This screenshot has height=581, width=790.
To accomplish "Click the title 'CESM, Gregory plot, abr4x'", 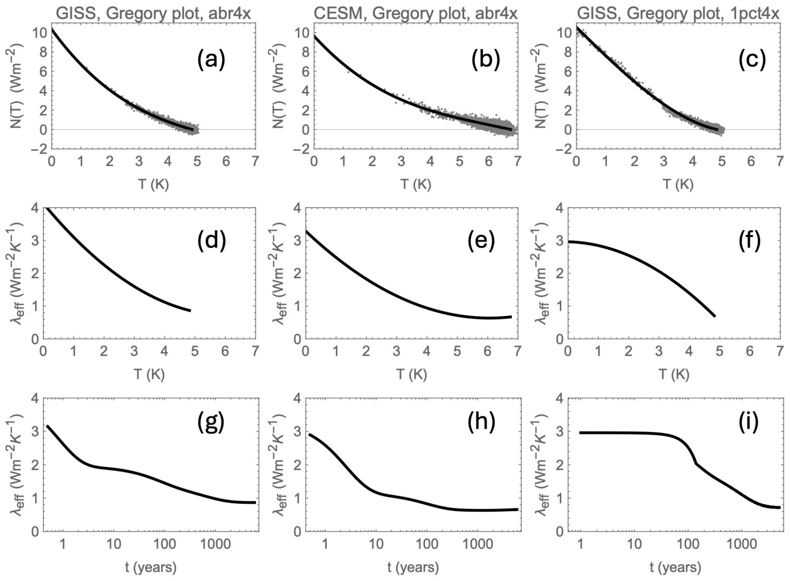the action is [416, 13].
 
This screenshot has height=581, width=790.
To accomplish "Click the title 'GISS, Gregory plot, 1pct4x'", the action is [678, 13].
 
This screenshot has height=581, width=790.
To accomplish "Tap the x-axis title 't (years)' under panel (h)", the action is [413, 567].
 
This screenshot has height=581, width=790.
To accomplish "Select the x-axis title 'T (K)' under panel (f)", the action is [674, 374].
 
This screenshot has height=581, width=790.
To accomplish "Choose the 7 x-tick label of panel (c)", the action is [780, 161].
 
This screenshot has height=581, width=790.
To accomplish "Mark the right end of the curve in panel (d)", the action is [190, 311].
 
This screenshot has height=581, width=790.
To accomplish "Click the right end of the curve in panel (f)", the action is [715, 316].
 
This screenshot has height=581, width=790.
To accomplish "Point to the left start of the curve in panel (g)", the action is [48, 426].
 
